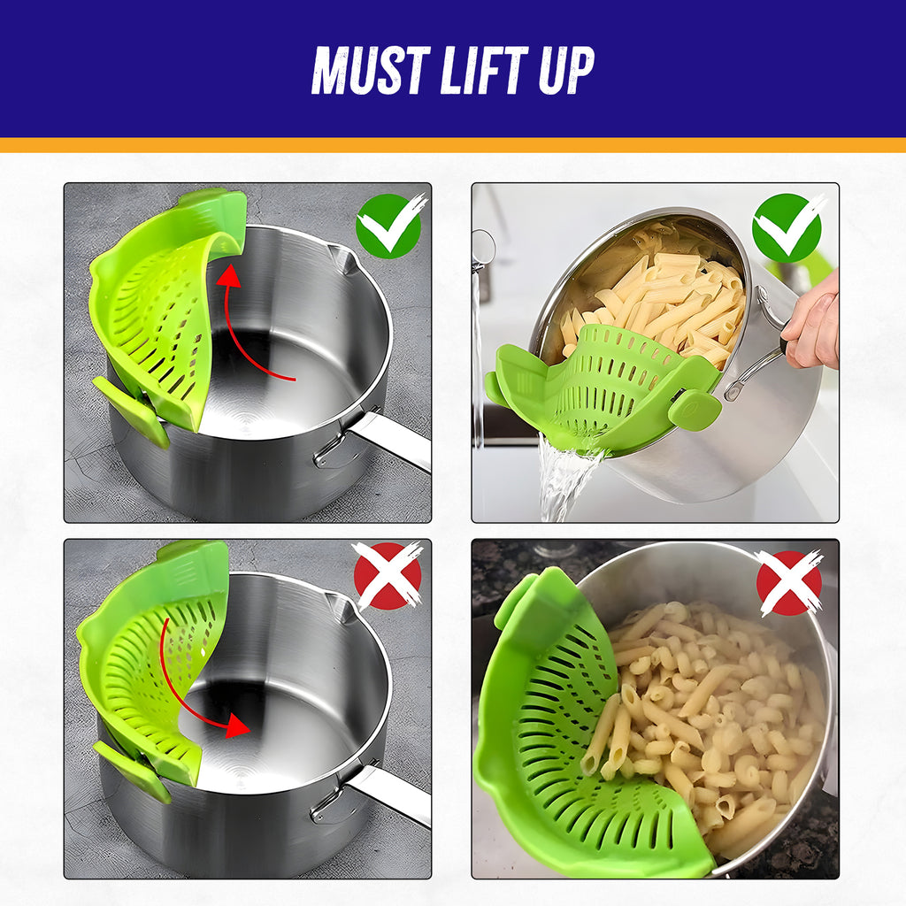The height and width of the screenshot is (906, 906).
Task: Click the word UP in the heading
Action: (x=566, y=70)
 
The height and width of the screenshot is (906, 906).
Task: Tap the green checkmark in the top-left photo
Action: (x=390, y=226)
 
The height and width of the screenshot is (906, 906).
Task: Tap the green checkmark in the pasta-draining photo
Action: (x=788, y=226)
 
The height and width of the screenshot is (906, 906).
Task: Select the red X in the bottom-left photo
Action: (x=388, y=575)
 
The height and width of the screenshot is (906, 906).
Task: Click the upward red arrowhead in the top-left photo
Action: (x=231, y=276)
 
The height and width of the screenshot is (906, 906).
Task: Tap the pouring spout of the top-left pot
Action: (x=341, y=257)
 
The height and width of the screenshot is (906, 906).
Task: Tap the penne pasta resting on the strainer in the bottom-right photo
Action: (x=604, y=733)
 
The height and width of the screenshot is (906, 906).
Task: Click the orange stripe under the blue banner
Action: (x=453, y=145)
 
